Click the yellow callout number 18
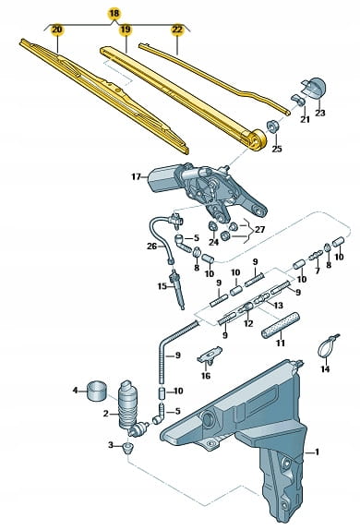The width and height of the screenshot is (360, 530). coord(114,14)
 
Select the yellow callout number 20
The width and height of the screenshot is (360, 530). coord(57,30)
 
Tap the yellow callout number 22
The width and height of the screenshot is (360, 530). coord(177,30)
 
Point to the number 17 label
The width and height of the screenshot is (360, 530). coord(136,176)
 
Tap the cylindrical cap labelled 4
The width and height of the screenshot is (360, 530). coord(97,391)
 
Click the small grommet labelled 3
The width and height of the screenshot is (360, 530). coord(128,448)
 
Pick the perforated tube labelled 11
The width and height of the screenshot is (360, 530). coord(281,325)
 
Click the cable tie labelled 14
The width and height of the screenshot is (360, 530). coord(327,346)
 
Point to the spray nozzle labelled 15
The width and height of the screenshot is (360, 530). coord(178,289)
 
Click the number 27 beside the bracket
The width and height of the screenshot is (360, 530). coord(259,230)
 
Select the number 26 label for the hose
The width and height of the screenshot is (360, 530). coord(151,247)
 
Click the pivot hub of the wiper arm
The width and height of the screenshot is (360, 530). coord(257,140)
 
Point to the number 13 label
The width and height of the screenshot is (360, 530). coord(278,306)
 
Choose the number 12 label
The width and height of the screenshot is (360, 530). coord(248,324)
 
